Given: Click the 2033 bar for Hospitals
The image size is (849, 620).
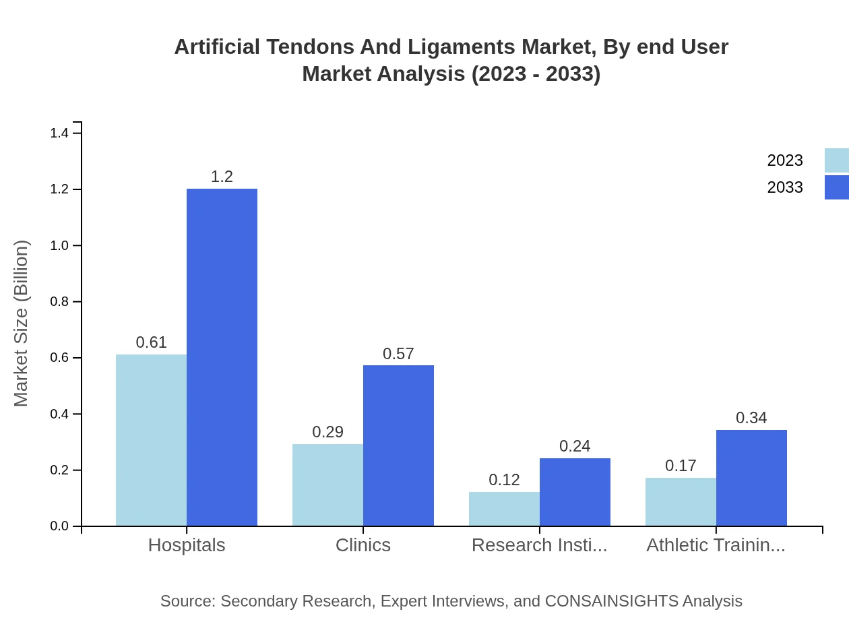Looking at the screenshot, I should click(x=222, y=357).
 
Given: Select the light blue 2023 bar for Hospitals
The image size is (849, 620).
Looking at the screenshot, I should click(x=151, y=440).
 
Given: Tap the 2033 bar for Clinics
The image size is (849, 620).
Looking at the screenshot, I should click(x=398, y=445).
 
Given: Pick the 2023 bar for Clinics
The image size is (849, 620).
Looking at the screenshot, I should click(x=327, y=485).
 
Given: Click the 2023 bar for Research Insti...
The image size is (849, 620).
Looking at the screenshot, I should click(x=504, y=509).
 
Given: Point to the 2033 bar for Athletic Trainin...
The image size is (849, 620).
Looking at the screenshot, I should click(x=751, y=478).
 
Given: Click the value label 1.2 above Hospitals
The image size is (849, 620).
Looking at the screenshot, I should click(x=222, y=177).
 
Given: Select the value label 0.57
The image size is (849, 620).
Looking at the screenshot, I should click(x=398, y=354).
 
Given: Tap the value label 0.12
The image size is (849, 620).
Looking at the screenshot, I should click(x=504, y=480).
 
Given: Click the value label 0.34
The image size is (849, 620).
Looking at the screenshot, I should click(x=751, y=418).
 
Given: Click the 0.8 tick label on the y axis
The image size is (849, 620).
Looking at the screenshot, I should click(x=59, y=302).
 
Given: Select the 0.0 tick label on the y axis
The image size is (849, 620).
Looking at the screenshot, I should click(x=59, y=526).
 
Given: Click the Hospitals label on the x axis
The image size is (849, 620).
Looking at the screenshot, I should click(x=187, y=545).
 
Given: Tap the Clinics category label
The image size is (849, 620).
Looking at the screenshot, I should click(x=363, y=545).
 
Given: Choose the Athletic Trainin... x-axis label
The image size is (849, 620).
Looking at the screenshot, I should click(x=716, y=545).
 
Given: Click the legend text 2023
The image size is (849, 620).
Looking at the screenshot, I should click(x=785, y=160).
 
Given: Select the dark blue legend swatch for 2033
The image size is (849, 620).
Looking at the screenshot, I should click(x=836, y=187).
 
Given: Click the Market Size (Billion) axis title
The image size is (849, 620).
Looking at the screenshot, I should click(x=22, y=323).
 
